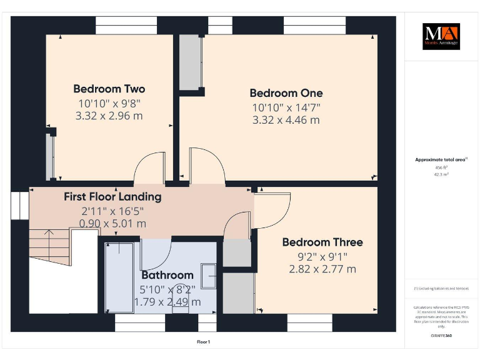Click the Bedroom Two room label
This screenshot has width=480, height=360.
[109, 89]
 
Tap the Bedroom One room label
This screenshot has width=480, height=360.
[286, 93]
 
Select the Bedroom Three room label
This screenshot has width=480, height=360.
[322, 242]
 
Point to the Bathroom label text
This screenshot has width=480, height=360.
[167, 275]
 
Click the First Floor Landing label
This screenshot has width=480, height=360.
[112, 197]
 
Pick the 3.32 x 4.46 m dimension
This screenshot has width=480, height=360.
[286, 120]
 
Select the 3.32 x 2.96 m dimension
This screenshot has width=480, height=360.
[109, 116]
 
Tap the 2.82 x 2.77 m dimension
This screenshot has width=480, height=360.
[322, 269]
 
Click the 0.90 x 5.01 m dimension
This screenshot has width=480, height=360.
[112, 223]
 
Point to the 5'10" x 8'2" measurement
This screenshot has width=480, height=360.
[167, 289]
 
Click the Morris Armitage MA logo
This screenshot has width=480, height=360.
[441, 36]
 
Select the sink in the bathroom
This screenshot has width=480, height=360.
[209, 277]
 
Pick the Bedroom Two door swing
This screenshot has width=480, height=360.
[150, 167]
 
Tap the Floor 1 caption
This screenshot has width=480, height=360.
[203, 342]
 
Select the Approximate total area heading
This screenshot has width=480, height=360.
[441, 160]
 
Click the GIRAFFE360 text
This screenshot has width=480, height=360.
[441, 336]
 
